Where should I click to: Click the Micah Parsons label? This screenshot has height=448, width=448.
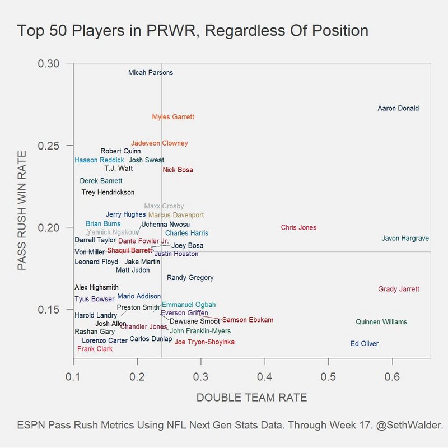(151, 73)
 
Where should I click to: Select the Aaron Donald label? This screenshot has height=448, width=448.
(398, 109)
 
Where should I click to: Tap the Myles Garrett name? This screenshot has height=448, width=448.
(173, 118)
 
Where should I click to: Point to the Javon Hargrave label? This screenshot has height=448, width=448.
(405, 239)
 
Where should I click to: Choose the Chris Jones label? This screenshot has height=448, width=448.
(298, 228)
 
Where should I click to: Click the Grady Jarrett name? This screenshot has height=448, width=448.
(399, 290)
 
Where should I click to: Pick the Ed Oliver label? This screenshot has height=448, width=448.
(365, 344)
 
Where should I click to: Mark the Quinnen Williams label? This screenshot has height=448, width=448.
(381, 322)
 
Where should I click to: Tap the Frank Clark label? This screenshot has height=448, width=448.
(95, 349)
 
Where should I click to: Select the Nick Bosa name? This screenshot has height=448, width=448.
(178, 170)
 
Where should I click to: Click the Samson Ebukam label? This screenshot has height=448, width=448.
(248, 320)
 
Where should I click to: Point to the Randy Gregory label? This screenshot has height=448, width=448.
(190, 278)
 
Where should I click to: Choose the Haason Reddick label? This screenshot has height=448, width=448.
(100, 160)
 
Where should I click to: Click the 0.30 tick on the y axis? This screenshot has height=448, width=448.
(49, 63)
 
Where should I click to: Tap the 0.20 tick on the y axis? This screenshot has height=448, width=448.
(49, 227)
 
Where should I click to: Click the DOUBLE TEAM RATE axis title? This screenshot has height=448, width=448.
(251, 398)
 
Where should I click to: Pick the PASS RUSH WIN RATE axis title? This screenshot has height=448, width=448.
(22, 211)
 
